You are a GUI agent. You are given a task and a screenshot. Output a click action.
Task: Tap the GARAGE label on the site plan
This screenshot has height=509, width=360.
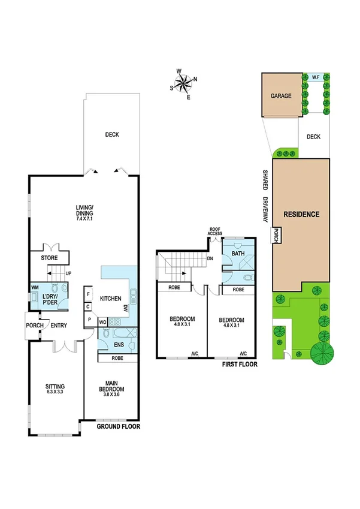pyautogui.click(x=280, y=95)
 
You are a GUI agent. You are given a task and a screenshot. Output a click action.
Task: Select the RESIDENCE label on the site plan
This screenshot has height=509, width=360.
pyautogui.click(x=301, y=214)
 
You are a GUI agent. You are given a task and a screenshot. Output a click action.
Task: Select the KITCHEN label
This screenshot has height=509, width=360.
pyautogui.click(x=111, y=299)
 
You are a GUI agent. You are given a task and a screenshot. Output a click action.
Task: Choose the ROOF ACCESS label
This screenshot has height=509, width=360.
pyautogui.click(x=215, y=231)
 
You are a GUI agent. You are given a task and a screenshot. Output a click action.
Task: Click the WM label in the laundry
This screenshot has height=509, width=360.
pyautogui.click(x=35, y=288)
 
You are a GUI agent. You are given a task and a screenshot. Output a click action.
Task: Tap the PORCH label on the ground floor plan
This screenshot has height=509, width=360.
pyautogui.click(x=33, y=326)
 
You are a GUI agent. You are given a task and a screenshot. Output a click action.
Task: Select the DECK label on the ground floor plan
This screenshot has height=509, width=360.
pyautogui.click(x=111, y=135)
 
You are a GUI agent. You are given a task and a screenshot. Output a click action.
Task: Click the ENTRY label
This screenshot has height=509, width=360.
pyautogui.click(x=59, y=326)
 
